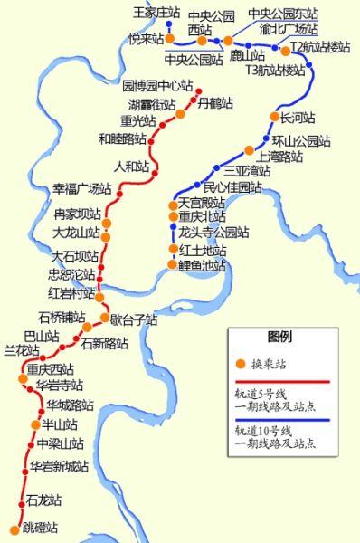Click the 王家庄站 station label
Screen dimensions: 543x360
click(x=150, y=13)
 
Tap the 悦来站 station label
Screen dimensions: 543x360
click(x=145, y=39)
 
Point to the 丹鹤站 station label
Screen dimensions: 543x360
click(x=214, y=103)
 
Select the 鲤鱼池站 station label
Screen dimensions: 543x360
click(x=201, y=265)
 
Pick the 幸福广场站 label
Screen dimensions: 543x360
click(x=81, y=189)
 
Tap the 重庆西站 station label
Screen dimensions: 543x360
click(x=50, y=369)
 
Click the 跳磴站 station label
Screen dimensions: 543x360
click(x=40, y=528)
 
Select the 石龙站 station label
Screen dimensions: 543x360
click(x=43, y=500)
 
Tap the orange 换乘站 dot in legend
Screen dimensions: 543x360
click(x=240, y=363)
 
